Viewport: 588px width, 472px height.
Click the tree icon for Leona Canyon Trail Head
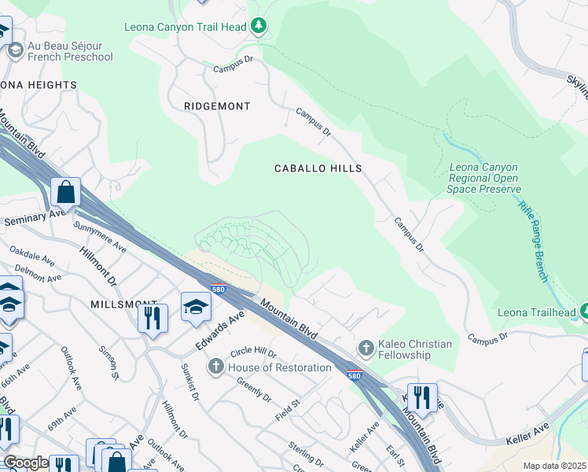[x=259, y=27]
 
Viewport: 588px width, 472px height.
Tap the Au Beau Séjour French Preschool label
[x=70, y=51]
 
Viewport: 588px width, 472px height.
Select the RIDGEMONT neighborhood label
[x=217, y=106]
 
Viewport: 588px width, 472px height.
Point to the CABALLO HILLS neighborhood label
[x=318, y=168]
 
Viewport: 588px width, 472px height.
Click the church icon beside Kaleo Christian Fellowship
[x=365, y=347]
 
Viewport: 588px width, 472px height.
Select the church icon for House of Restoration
[x=216, y=367]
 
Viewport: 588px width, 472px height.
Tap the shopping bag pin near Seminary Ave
[x=66, y=192]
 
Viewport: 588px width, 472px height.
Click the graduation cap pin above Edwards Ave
[x=196, y=307]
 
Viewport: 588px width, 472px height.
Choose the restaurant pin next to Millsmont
[x=152, y=319]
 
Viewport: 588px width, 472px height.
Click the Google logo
[x=25, y=463]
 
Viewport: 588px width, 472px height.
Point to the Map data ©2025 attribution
[x=554, y=466]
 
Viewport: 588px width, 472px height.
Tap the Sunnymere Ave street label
[x=100, y=235]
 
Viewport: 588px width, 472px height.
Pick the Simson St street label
[x=109, y=363]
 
